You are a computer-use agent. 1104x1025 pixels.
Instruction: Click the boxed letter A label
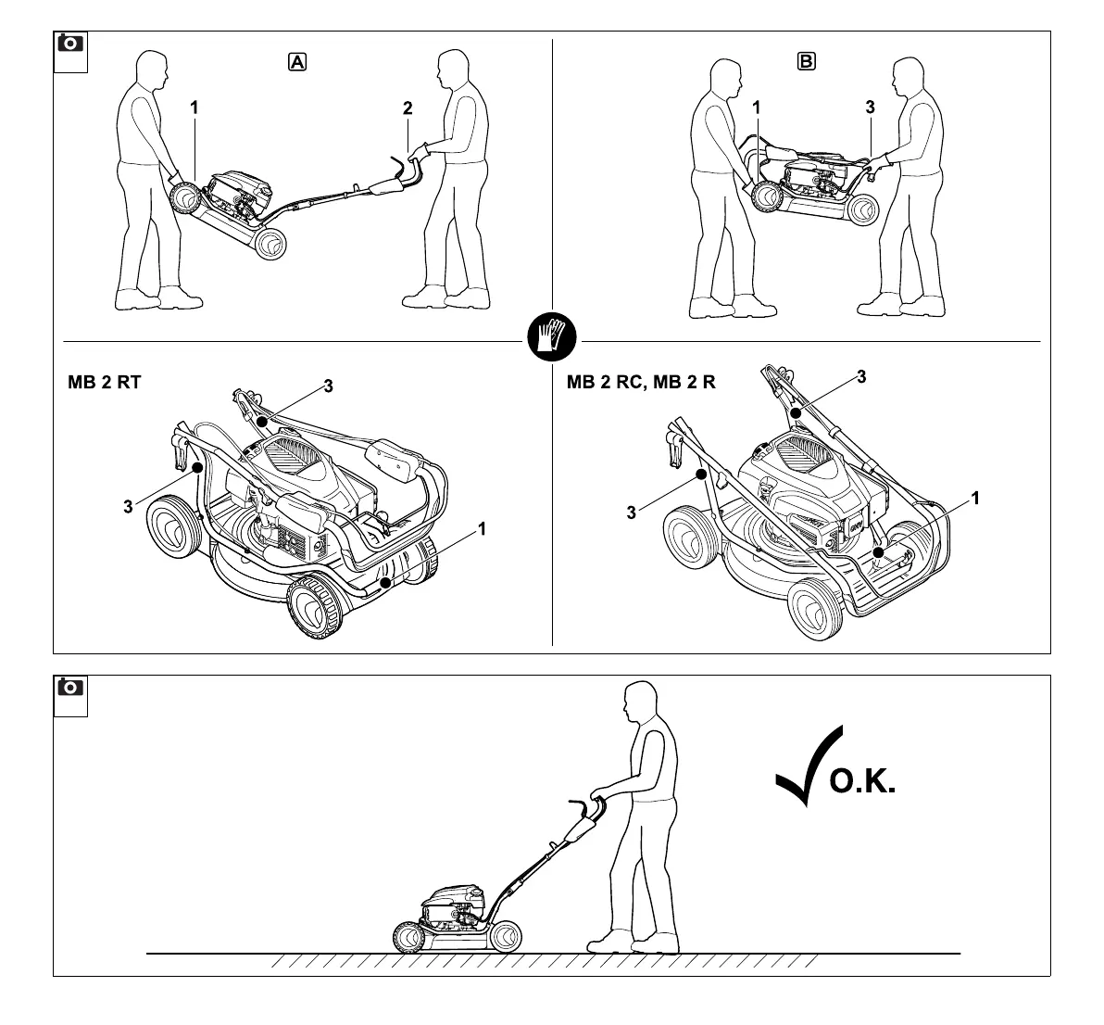tap(297, 62)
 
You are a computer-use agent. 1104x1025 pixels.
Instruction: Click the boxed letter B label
tap(807, 62)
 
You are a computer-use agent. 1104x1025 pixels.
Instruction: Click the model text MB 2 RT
tap(105, 382)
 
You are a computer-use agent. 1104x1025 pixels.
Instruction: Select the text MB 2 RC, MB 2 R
tap(641, 382)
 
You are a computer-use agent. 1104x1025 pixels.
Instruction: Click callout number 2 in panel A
tap(408, 108)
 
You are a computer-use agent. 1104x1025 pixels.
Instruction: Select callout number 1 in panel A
tap(194, 108)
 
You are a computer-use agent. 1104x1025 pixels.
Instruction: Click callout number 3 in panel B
tap(870, 108)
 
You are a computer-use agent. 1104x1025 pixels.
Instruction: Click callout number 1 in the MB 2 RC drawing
tap(974, 499)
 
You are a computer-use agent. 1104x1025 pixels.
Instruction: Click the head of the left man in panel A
tap(150, 70)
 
